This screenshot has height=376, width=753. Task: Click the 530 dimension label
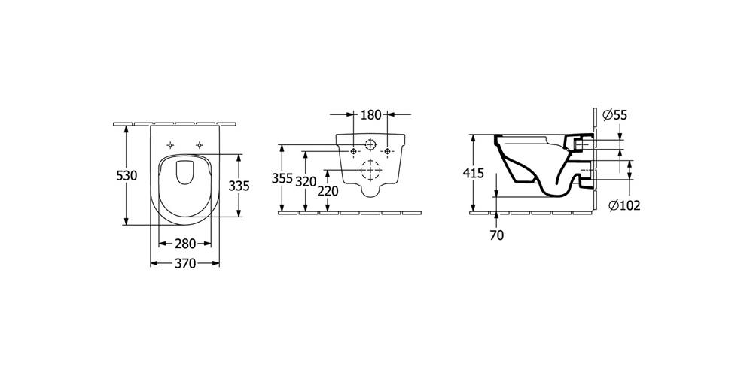[x=127, y=175]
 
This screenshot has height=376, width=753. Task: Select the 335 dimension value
[x=239, y=185]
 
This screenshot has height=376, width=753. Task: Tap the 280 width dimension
[x=185, y=244]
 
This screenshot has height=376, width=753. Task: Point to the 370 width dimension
[x=185, y=263]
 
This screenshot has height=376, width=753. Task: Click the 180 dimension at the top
[x=370, y=114]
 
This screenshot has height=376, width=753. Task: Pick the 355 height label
[x=282, y=178]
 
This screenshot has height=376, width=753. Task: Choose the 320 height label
[x=306, y=182]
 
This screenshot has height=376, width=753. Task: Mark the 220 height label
[x=328, y=191]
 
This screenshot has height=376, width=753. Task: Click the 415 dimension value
[x=474, y=174]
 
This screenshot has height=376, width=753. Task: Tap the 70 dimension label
[x=497, y=235]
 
